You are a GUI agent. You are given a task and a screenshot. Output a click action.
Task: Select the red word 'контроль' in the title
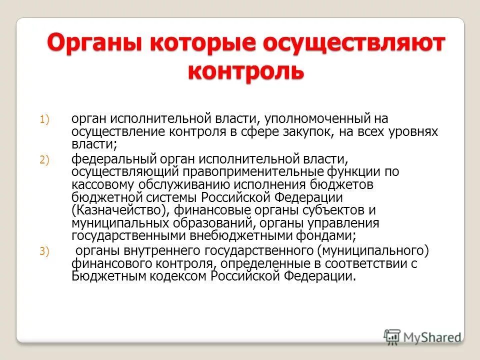245,71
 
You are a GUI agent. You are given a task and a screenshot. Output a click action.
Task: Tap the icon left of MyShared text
392,336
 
